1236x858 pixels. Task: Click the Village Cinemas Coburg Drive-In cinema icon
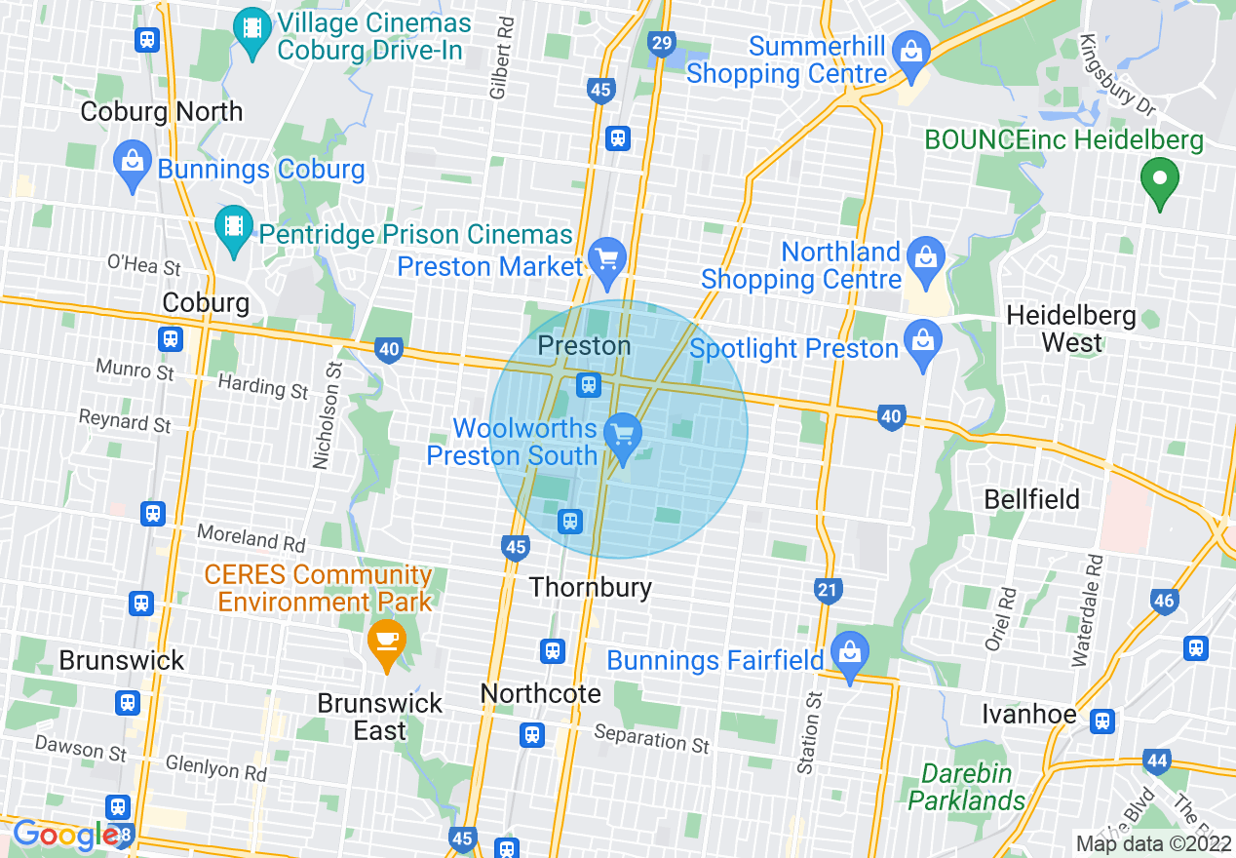(x=252, y=27)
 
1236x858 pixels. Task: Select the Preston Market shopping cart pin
(x=609, y=261)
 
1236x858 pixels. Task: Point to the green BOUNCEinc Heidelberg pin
(x=1160, y=180)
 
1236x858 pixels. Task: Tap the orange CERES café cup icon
(x=387, y=642)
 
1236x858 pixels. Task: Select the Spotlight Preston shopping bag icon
(x=922, y=341)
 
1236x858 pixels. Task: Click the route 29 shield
(x=661, y=43)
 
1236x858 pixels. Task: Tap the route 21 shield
(x=828, y=589)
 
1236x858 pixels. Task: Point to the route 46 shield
(x=1164, y=601)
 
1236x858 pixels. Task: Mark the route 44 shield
(x=1157, y=761)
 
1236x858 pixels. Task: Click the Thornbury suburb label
(x=590, y=587)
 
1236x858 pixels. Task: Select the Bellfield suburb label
(x=1031, y=499)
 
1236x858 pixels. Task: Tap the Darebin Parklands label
(x=966, y=787)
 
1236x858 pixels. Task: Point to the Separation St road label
(x=651, y=739)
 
